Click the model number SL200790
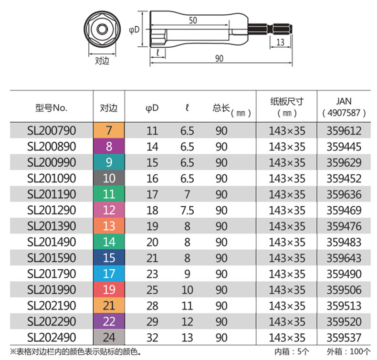click(52, 130)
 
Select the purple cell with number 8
click(109, 146)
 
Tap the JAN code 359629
click(344, 162)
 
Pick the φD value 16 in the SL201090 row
click(152, 179)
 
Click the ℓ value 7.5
click(187, 211)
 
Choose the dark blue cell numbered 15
click(109, 257)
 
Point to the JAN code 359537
click(344, 338)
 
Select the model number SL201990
click(52, 290)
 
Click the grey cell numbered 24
click(109, 337)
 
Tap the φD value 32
click(152, 338)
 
